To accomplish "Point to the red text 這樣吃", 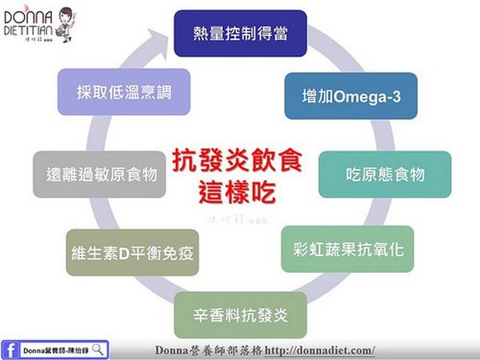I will (238, 190).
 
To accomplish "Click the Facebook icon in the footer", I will (10, 350).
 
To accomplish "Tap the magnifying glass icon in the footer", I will (98, 349).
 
